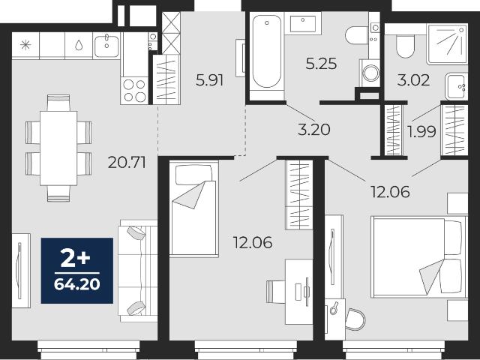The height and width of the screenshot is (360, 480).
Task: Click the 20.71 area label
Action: [x=127, y=162]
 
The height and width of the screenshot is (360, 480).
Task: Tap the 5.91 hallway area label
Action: [x=210, y=80]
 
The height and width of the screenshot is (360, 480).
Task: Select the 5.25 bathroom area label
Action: [x=321, y=64]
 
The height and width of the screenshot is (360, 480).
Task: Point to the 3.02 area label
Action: [x=413, y=80]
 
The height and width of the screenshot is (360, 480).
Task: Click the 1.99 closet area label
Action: [x=421, y=132]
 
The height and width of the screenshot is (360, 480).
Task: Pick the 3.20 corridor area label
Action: [x=314, y=130]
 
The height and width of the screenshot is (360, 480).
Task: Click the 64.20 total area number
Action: [x=77, y=284]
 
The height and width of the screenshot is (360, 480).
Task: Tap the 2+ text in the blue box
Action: [x=75, y=258]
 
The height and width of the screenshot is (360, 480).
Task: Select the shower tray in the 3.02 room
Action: [x=447, y=44]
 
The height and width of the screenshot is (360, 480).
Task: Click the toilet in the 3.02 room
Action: [x=405, y=46]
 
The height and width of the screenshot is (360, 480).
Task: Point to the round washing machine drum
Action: [x=370, y=73]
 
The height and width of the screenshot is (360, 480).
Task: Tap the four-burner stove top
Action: [x=134, y=91]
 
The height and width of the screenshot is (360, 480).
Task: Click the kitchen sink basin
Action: [x=106, y=46]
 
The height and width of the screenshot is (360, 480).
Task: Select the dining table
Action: [x=58, y=148]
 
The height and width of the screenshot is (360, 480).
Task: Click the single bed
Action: [x=194, y=208]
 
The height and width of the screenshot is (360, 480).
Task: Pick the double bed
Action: [x=418, y=256]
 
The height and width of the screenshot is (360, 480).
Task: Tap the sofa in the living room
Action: [x=138, y=271]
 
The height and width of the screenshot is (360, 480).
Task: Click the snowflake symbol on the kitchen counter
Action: [x=25, y=45]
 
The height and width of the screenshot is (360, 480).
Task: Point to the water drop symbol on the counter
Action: [x=79, y=45]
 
